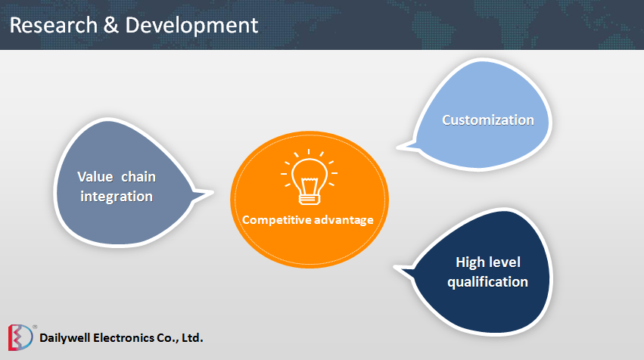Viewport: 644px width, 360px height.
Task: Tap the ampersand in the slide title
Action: tap(110, 25)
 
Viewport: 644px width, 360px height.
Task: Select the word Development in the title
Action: tap(191, 25)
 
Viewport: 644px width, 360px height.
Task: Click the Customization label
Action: tap(488, 119)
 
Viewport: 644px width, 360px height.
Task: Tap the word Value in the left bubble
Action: tap(95, 177)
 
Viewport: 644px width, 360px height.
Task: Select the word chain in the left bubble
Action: tap(139, 177)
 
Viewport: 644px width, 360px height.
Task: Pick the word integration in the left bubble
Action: tap(115, 197)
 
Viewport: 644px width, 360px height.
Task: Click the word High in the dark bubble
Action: tap(471, 262)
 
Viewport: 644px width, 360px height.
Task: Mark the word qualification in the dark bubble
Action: tap(487, 282)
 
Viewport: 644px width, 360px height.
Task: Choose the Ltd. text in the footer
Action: tap(192, 337)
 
